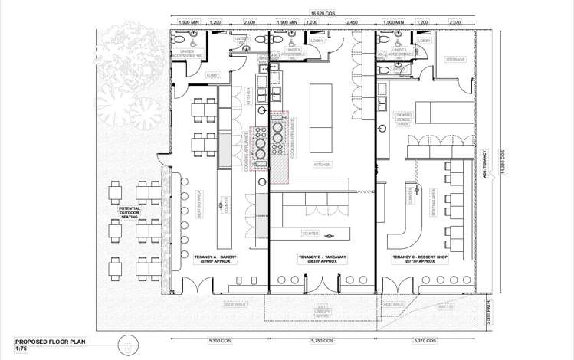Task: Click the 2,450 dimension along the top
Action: (352, 22)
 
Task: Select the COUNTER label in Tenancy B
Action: (310, 233)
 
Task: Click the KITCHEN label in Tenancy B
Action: (322, 165)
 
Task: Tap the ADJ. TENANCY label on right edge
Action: (484, 162)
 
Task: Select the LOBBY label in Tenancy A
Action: (213, 74)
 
